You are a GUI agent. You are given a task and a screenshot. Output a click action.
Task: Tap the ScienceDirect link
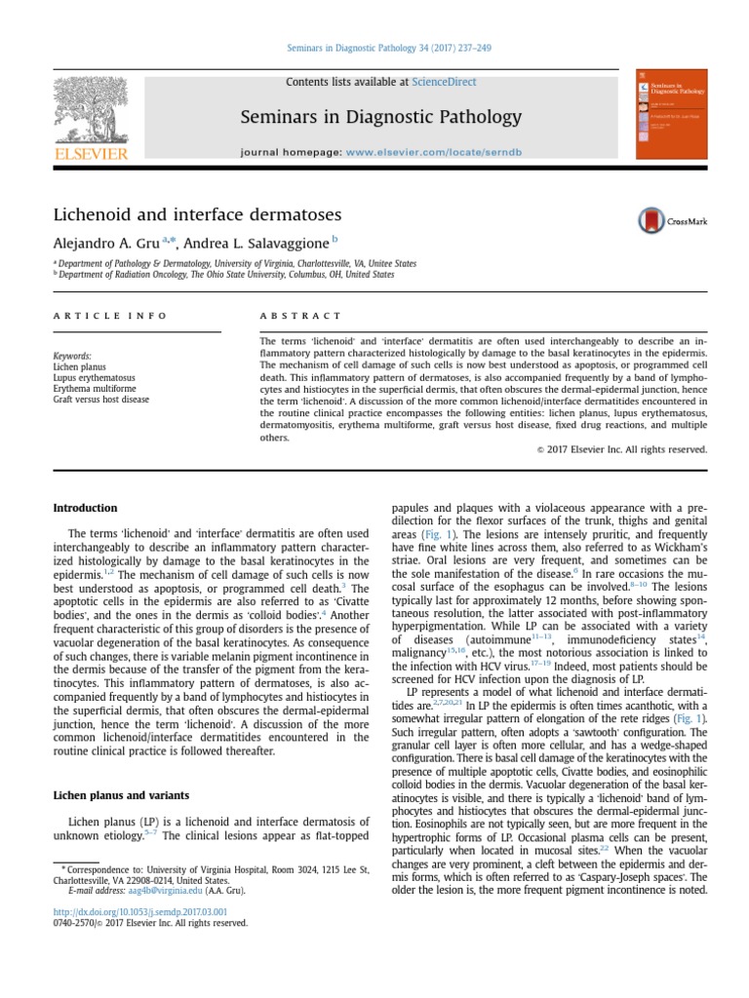point(444,82)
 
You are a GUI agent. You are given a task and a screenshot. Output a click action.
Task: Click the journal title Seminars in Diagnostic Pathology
point(381,118)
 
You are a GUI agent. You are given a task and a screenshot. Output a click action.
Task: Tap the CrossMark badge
point(673,220)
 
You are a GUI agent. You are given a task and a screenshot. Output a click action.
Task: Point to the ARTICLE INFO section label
point(110,316)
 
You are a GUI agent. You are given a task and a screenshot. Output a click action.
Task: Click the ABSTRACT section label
point(300,316)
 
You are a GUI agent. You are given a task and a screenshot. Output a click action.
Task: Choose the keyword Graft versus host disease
point(101,400)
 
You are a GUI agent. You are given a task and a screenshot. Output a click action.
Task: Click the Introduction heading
point(85,508)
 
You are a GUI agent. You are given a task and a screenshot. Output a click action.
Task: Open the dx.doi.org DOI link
point(133,911)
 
